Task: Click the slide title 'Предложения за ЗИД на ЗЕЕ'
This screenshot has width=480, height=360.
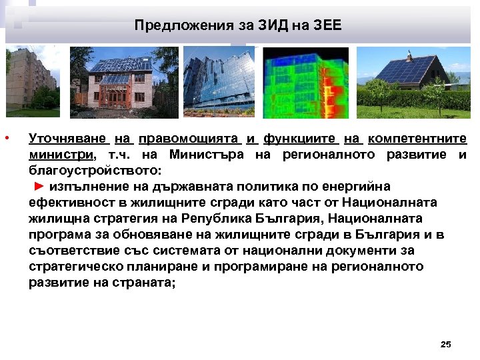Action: coord(237,25)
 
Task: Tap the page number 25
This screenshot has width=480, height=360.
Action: coord(446,344)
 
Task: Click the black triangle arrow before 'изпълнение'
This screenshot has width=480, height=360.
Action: coord(39,185)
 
